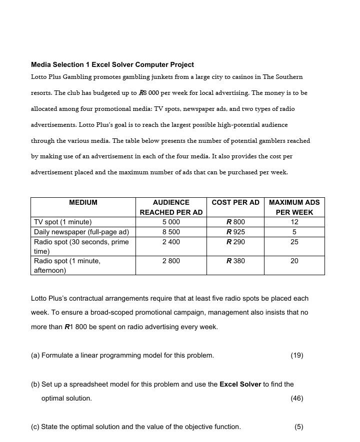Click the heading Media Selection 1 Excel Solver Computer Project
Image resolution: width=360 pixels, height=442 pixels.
click(x=112, y=65)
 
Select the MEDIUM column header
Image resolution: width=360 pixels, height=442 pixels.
click(x=83, y=203)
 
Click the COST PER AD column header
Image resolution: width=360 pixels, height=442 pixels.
click(x=235, y=203)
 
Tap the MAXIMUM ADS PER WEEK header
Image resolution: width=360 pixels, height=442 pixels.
click(x=294, y=207)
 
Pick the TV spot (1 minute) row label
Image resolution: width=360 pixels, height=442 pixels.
click(x=63, y=222)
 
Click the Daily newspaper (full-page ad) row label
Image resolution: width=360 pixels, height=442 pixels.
click(x=81, y=232)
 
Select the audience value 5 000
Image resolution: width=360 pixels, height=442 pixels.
click(x=171, y=222)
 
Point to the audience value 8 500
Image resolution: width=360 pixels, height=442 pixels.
click(x=171, y=232)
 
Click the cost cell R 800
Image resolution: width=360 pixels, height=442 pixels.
click(x=235, y=222)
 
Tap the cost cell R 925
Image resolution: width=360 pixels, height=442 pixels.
click(x=235, y=232)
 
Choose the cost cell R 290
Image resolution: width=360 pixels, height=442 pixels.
click(x=235, y=242)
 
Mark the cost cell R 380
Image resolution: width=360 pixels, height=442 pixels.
click(x=235, y=261)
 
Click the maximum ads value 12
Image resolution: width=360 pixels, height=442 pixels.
click(x=294, y=222)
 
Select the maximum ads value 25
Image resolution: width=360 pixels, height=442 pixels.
click(x=294, y=242)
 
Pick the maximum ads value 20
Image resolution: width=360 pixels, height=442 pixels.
click(x=294, y=261)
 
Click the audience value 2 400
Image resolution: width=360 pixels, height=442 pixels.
click(x=171, y=242)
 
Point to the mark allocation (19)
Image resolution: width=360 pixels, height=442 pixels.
click(x=296, y=356)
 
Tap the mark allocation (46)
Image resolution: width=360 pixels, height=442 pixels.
click(x=296, y=399)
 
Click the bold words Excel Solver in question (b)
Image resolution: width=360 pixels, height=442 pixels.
click(x=240, y=385)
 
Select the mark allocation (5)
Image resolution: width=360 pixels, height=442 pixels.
click(x=298, y=427)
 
